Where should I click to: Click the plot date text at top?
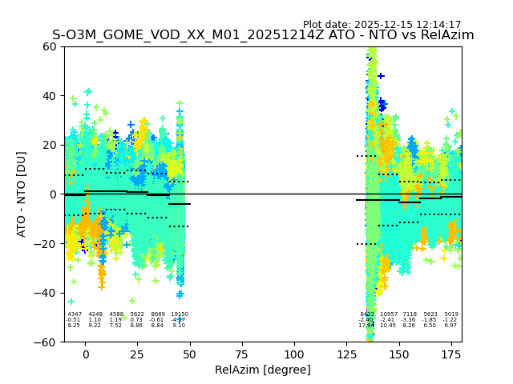point(382,25)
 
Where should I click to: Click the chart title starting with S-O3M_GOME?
point(263,35)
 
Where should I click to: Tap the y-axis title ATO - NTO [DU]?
point(22,194)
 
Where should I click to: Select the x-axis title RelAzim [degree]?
point(263,370)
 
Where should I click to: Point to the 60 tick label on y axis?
point(50,46)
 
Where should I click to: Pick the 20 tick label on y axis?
point(50,145)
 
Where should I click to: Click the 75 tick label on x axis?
point(242,354)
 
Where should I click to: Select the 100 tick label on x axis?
point(294,354)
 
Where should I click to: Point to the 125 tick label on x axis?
point(346,354)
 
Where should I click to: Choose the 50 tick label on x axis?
point(190,354)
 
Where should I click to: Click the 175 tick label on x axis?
point(451,354)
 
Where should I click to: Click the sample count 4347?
point(75,314)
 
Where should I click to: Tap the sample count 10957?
point(389,314)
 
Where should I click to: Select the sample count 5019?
point(451,314)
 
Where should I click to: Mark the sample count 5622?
point(137,314)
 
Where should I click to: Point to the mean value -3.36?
point(410,320)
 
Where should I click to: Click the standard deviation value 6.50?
point(430,326)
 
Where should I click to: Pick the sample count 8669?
point(158,314)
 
